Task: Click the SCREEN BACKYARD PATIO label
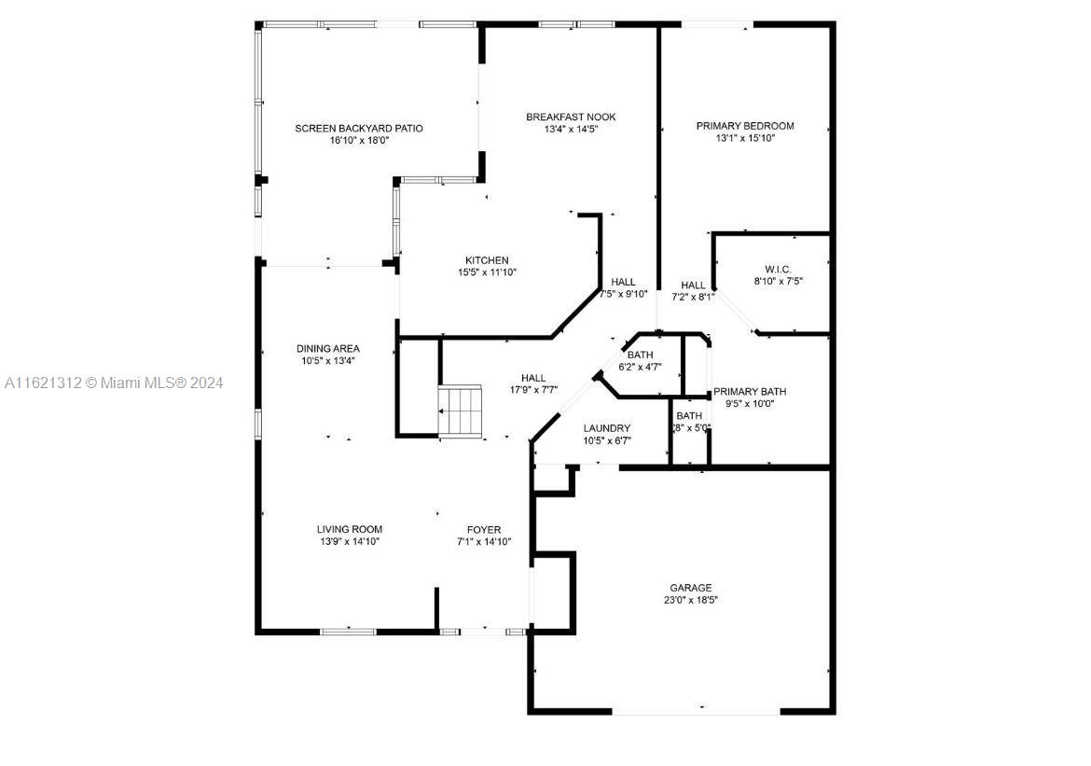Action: pyautogui.click(x=358, y=128)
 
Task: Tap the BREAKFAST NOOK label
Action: pyautogui.click(x=571, y=117)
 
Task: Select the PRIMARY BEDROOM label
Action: pyautogui.click(x=745, y=126)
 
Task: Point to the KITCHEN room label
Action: pyautogui.click(x=487, y=260)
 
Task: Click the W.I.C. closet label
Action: pyautogui.click(x=778, y=270)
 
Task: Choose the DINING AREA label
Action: pyautogui.click(x=327, y=349)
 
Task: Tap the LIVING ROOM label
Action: pyautogui.click(x=350, y=529)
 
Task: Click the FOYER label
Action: pyautogui.click(x=484, y=530)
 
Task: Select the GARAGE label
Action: pyautogui.click(x=691, y=588)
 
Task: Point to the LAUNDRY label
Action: pyautogui.click(x=607, y=428)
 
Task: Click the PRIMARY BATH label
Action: pyautogui.click(x=750, y=391)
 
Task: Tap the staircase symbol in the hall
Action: pyautogui.click(x=460, y=411)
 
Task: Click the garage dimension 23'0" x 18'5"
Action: pyautogui.click(x=691, y=600)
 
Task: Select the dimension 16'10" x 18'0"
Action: pyautogui.click(x=359, y=140)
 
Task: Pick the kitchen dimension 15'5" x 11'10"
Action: pyautogui.click(x=487, y=272)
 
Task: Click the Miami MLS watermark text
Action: pyautogui.click(x=114, y=383)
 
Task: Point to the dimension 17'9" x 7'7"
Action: pyautogui.click(x=533, y=390)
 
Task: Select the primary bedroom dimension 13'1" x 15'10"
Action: pyautogui.click(x=745, y=138)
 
